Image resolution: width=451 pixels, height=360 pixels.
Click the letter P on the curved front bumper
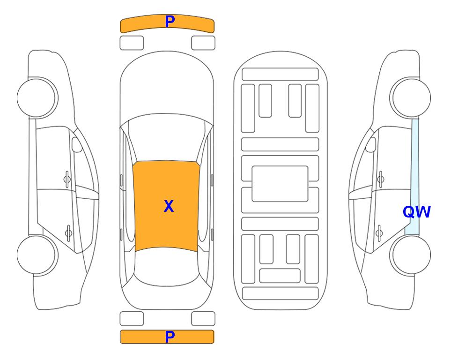coord(170,22)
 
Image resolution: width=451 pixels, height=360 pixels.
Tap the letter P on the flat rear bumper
coord(170,337)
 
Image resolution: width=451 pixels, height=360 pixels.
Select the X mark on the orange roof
coord(169,206)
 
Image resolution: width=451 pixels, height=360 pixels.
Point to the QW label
coord(416,212)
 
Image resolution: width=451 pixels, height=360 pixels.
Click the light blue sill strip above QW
coord(415,161)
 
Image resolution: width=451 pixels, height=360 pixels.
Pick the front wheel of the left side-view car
coord(37,97)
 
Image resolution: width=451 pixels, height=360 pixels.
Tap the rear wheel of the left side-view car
coord(37,255)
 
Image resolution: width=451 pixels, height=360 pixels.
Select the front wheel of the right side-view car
coord(410,97)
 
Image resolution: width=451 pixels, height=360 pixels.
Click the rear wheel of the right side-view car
coord(410,255)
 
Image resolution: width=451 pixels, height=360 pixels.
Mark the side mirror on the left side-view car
coord(76,144)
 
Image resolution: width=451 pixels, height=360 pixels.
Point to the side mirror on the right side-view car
coord(371,144)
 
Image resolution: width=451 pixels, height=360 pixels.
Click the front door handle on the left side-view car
coord(67,180)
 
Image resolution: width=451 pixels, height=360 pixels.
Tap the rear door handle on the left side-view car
coord(68,232)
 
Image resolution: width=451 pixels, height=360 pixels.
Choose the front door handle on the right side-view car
coord(381,180)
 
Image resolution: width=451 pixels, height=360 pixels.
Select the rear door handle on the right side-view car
coord(379,232)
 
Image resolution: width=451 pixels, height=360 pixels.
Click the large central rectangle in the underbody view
coord(280,184)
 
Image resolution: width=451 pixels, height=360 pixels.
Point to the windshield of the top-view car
coord(167,138)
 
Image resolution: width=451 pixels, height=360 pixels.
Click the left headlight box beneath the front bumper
coord(132,43)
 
